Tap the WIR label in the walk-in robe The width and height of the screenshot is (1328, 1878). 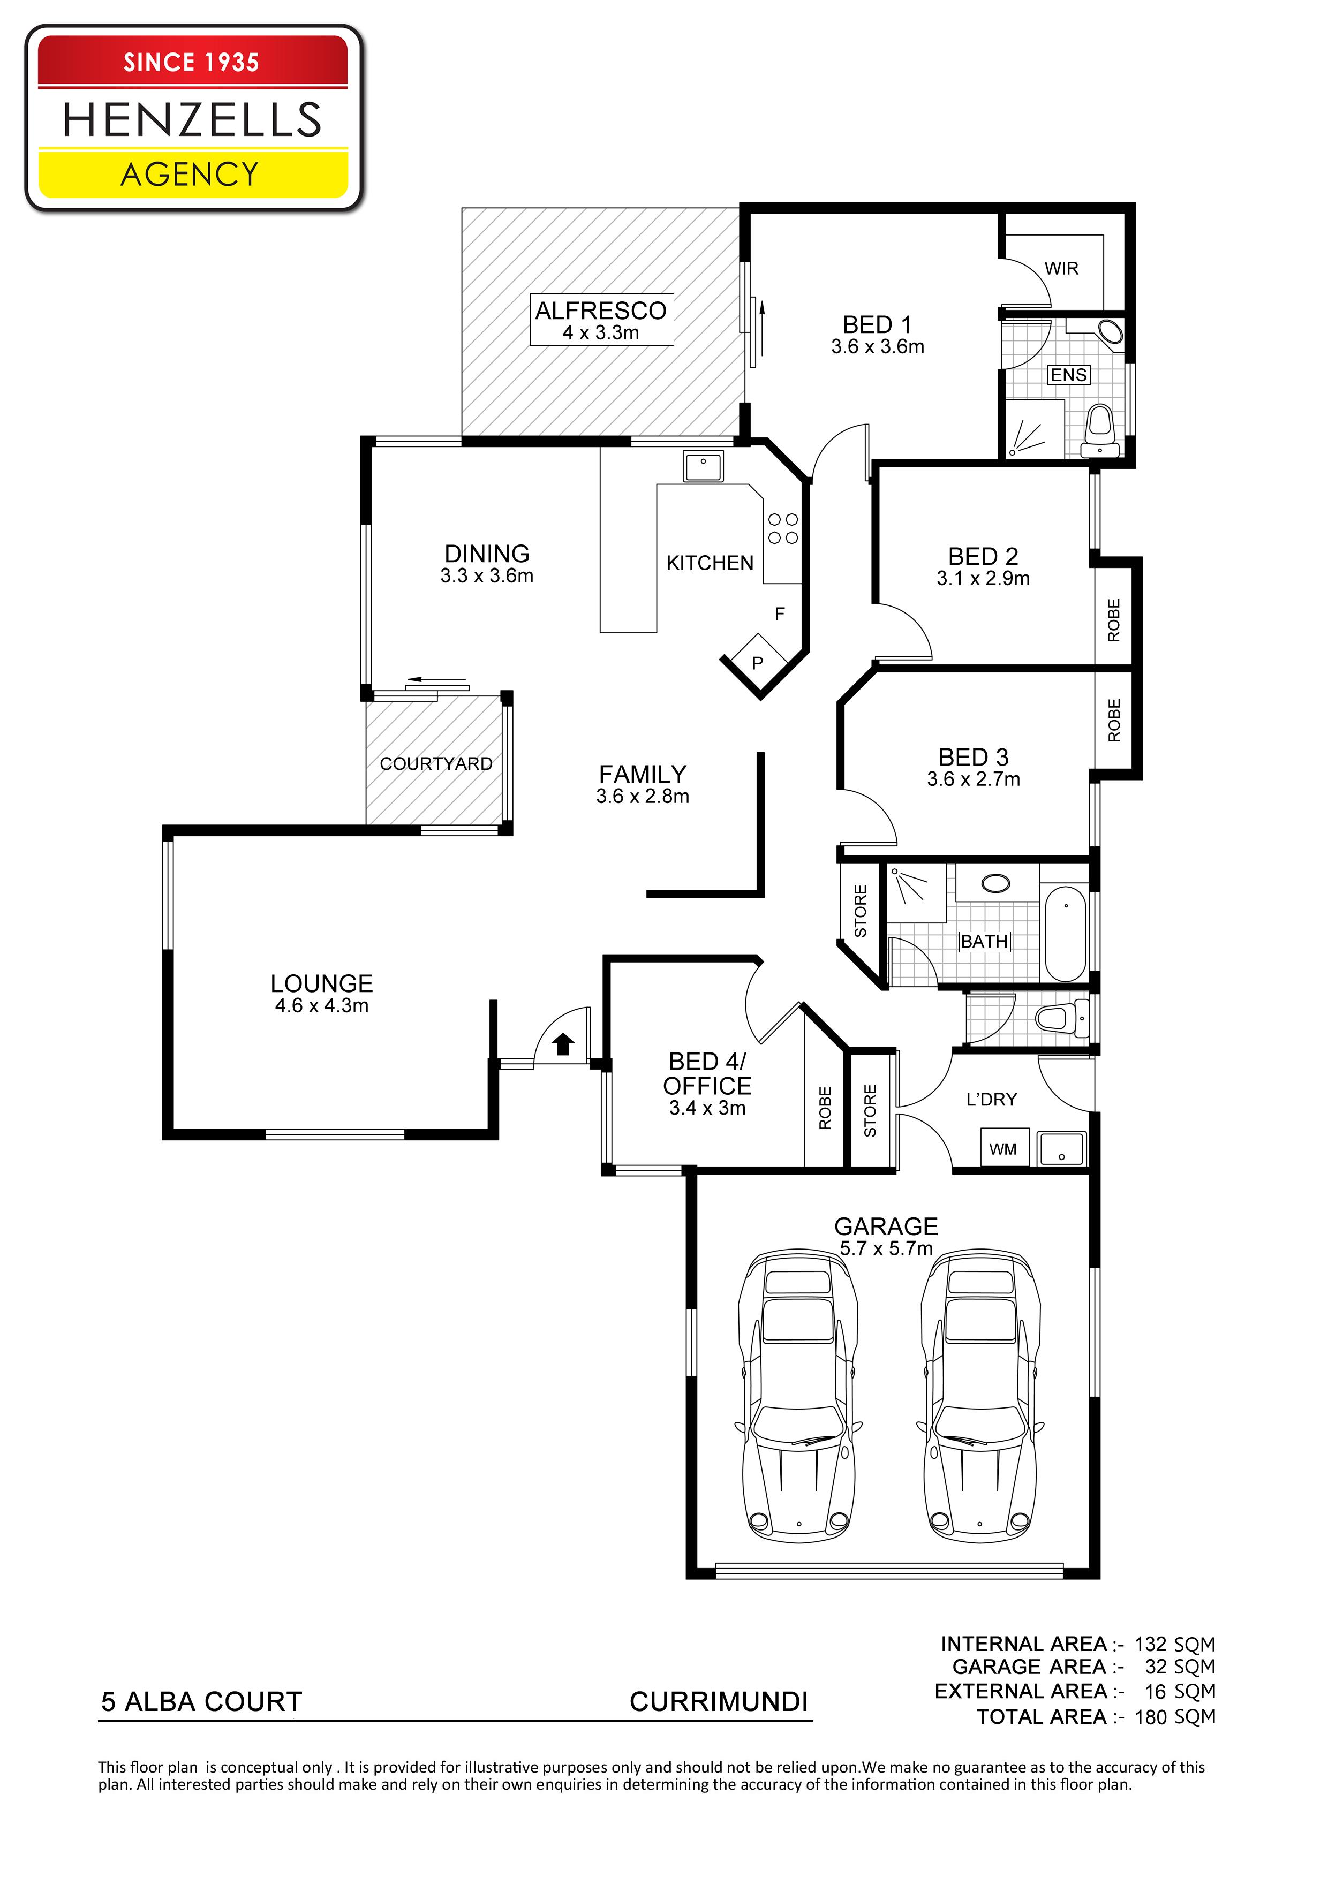tap(1061, 268)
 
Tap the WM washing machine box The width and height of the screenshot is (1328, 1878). tap(1002, 1148)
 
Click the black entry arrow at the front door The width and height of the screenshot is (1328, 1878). tap(563, 1044)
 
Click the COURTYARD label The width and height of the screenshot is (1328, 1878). tap(436, 763)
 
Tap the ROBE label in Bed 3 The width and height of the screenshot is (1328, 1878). tap(1114, 720)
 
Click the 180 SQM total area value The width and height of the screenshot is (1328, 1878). tap(1175, 1717)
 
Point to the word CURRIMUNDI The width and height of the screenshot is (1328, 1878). tap(719, 1701)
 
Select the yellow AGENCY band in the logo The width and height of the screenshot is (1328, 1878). tap(193, 173)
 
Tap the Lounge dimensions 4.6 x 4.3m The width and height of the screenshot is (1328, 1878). tap(322, 1005)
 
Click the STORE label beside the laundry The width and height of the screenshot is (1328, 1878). tap(870, 1110)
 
